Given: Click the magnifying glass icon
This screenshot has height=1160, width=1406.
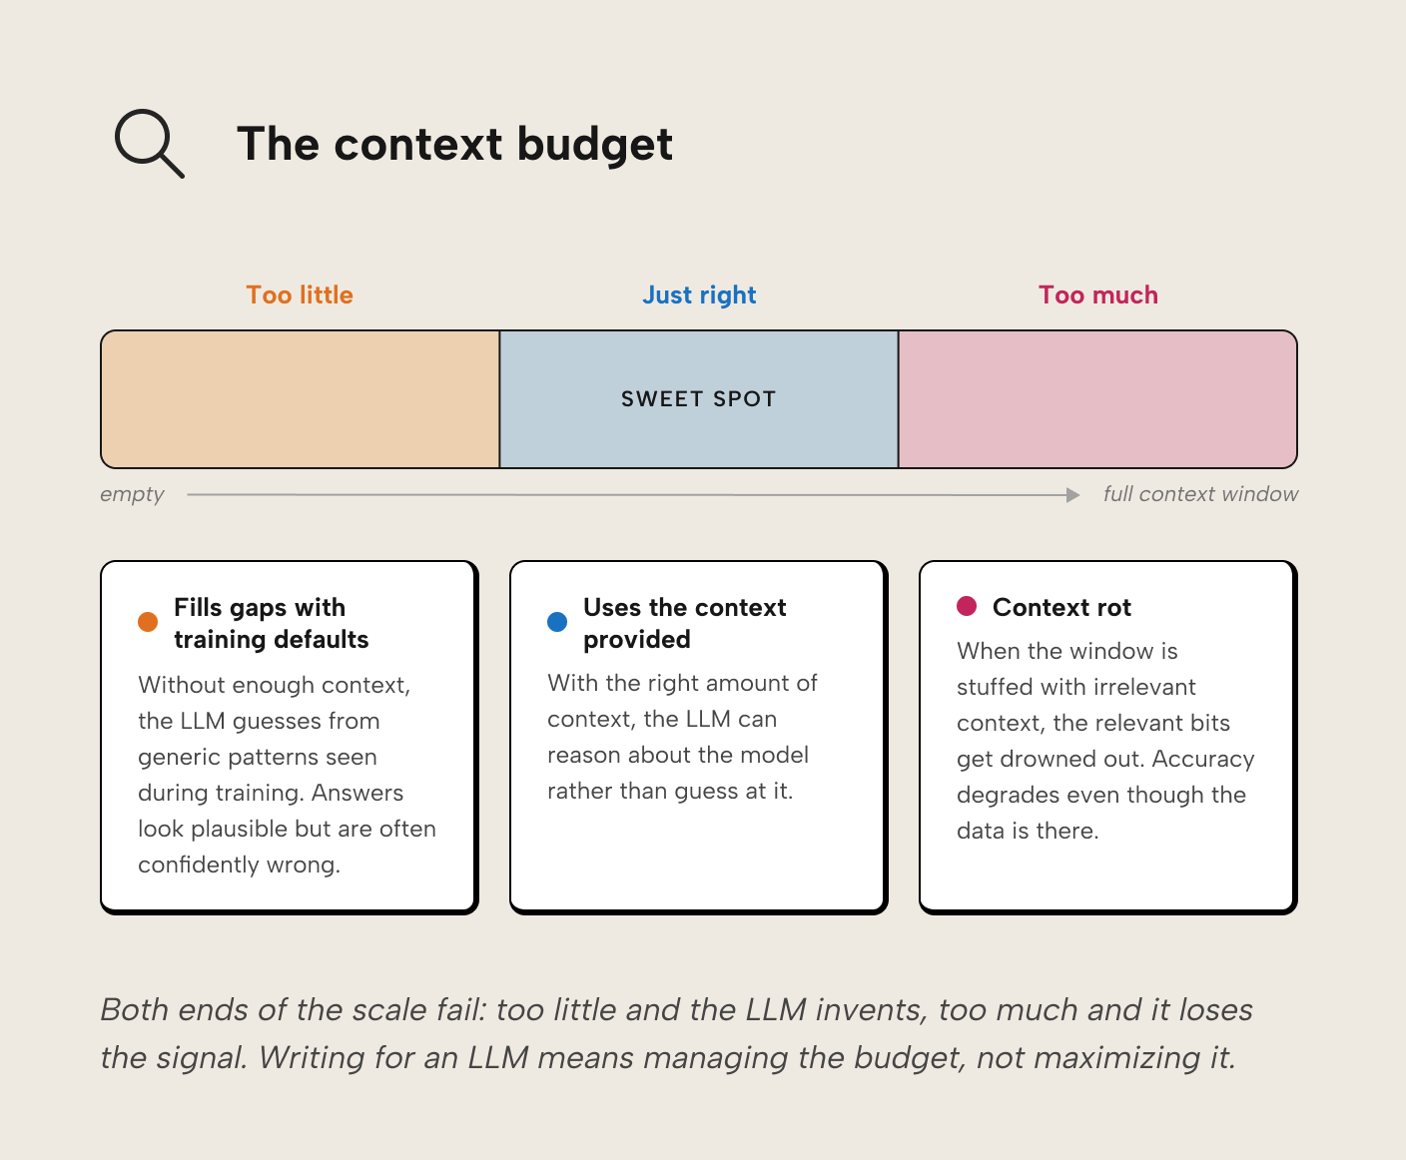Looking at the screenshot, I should pyautogui.click(x=149, y=143).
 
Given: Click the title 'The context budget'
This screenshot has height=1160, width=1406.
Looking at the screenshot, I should pyautogui.click(x=454, y=144).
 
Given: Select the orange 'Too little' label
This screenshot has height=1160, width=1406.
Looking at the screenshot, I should pyautogui.click(x=300, y=294).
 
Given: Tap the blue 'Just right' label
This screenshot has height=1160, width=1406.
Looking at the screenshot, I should pyautogui.click(x=699, y=294).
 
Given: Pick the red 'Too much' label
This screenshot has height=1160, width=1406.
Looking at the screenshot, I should pyautogui.click(x=1097, y=294).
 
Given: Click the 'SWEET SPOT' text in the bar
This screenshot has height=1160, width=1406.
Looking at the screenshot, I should pyautogui.click(x=698, y=399).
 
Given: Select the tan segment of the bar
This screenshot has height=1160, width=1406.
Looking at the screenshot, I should pyautogui.click(x=301, y=399).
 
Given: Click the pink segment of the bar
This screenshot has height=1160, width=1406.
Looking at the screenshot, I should pyautogui.click(x=1096, y=399).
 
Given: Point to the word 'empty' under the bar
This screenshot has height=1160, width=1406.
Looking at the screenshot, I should pyautogui.click(x=132, y=494).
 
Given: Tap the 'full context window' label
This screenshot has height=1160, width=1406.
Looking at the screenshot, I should pyautogui.click(x=1200, y=494).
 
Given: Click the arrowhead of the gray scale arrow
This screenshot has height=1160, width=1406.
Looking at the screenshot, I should pyautogui.click(x=1073, y=495).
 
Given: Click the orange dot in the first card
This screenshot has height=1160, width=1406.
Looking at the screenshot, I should pyautogui.click(x=148, y=622).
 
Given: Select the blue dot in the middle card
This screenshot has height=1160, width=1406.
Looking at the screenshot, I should pyautogui.click(x=557, y=622).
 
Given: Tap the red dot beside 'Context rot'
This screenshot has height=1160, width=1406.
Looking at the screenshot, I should pyautogui.click(x=967, y=606).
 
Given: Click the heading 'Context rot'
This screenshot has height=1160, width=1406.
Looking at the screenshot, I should pyautogui.click(x=1061, y=607).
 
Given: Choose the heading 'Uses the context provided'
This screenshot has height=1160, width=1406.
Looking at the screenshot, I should pyautogui.click(x=684, y=623).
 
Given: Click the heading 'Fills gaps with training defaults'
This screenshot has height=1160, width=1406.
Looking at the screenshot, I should pyautogui.click(x=271, y=623).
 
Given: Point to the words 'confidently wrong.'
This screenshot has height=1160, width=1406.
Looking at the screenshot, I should pyautogui.click(x=239, y=865).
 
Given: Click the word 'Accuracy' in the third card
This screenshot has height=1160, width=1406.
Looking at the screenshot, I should pyautogui.click(x=1203, y=759).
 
